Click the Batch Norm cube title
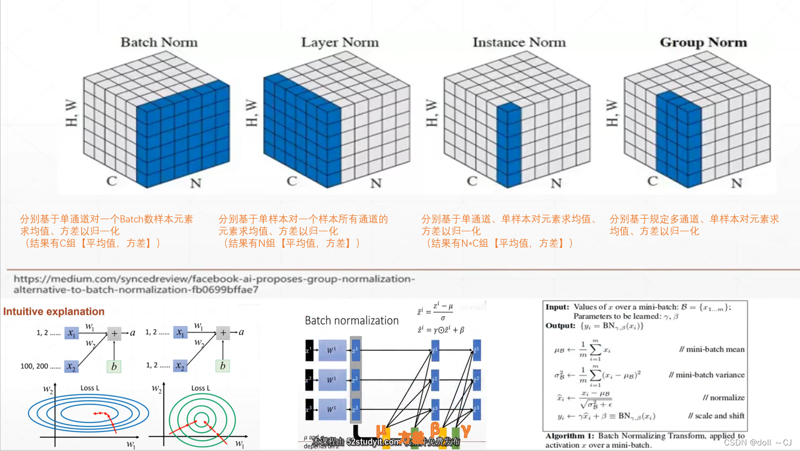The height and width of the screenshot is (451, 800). tap(159, 42)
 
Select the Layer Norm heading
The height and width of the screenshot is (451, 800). tap(340, 42)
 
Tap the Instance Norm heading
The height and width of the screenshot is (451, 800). tap(519, 42)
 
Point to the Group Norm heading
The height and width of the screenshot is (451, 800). tap(703, 42)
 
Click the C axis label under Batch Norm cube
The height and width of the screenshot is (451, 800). tap(112, 181)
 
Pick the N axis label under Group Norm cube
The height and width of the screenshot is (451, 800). tap(737, 183)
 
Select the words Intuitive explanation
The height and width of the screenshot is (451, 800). tap(54, 312)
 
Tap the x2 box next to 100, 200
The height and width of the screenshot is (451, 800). tap(72, 366)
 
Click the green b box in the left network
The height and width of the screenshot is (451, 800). tap(114, 366)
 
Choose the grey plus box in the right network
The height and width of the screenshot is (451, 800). tap(223, 333)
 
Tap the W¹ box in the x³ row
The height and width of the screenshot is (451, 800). tap(332, 409)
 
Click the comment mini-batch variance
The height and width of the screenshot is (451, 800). tap(706, 374)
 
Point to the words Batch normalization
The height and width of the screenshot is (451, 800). tap(351, 320)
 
